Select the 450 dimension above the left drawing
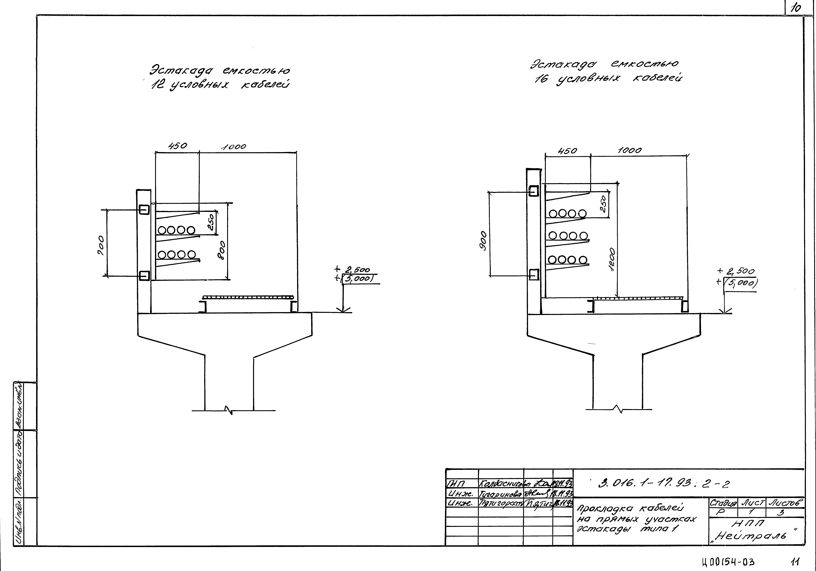click(177, 146)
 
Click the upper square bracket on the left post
click(144, 210)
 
